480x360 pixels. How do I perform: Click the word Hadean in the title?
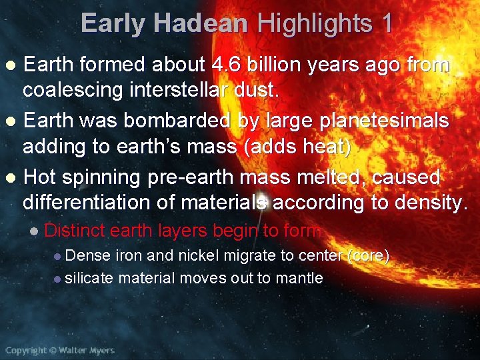click(200, 24)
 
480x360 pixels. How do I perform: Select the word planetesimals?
click(382, 121)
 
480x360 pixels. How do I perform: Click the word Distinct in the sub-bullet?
click(75, 231)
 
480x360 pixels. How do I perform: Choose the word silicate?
click(89, 277)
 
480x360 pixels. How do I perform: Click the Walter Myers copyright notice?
click(60, 350)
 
